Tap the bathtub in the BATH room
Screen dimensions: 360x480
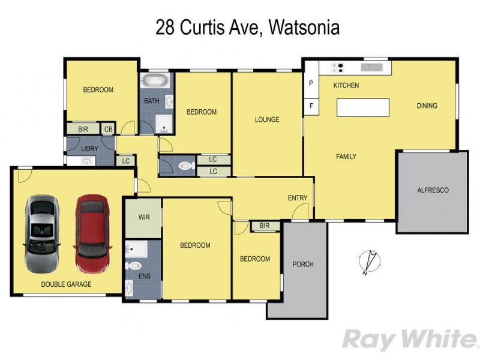point(155,81)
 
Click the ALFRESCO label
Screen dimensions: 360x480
point(433,190)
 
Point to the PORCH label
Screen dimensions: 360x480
point(302,264)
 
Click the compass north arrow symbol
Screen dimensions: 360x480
point(367,263)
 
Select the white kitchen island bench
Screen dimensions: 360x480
point(362,108)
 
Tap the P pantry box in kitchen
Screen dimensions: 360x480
point(311,84)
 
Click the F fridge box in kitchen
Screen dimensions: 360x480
point(311,106)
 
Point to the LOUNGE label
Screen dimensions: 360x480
point(267,119)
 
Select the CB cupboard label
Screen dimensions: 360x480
point(109,129)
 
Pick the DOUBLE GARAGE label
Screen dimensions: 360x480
point(67,284)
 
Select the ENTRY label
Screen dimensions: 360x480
point(298,198)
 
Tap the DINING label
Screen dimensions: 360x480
point(427,106)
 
